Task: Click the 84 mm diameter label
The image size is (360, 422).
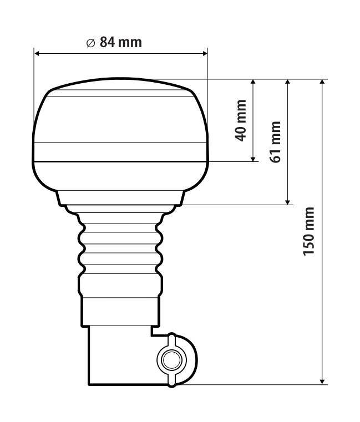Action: click(114, 43)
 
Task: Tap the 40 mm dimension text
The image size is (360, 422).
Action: click(241, 120)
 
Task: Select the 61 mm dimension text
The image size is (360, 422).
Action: click(276, 142)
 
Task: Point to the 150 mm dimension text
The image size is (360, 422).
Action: click(309, 231)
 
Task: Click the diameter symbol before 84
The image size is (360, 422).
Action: click(91, 43)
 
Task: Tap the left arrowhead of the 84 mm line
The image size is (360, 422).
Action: click(38, 54)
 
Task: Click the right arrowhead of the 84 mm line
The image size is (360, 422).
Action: click(204, 54)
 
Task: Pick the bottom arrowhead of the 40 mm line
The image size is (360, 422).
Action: click(253, 159)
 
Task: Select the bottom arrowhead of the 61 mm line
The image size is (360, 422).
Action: click(287, 202)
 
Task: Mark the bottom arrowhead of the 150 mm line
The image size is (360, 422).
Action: click(322, 381)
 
